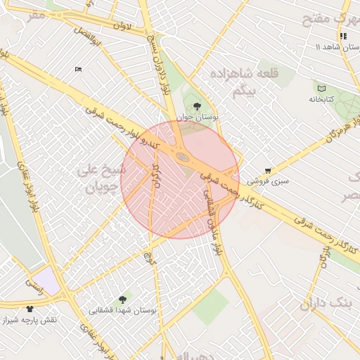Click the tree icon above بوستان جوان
coord(196,106)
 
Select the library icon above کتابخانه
coord(322,89)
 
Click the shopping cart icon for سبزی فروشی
coord(268,171)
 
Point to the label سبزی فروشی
coord(268,181)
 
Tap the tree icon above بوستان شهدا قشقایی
coord(124,300)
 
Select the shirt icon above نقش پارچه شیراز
coord(30,309)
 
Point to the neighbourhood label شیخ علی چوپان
coord(103,179)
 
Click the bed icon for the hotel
coord(77,69)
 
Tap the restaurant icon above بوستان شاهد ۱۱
coord(343,36)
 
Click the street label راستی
coord(33,282)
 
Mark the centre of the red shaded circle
coord(180,179)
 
